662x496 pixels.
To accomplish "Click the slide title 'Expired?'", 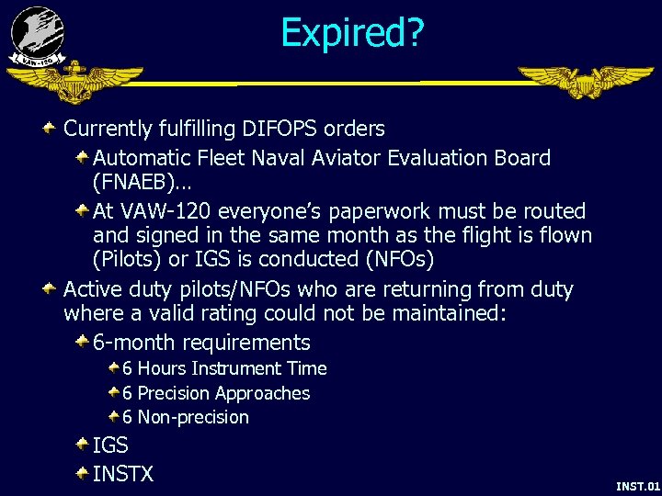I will point(352,33).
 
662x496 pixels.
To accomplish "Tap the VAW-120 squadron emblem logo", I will point(38,37).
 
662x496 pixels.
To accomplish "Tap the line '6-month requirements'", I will point(201,343).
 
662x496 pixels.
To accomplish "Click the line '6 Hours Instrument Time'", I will point(224,368).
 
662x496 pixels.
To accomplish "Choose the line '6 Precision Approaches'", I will point(216,393).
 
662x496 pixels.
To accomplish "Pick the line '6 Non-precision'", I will point(186,417).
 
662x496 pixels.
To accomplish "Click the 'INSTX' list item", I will point(122,474).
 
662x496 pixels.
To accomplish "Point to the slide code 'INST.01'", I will point(637,486).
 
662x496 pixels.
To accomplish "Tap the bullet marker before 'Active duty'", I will point(51,289).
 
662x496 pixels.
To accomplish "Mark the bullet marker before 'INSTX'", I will point(82,473).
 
